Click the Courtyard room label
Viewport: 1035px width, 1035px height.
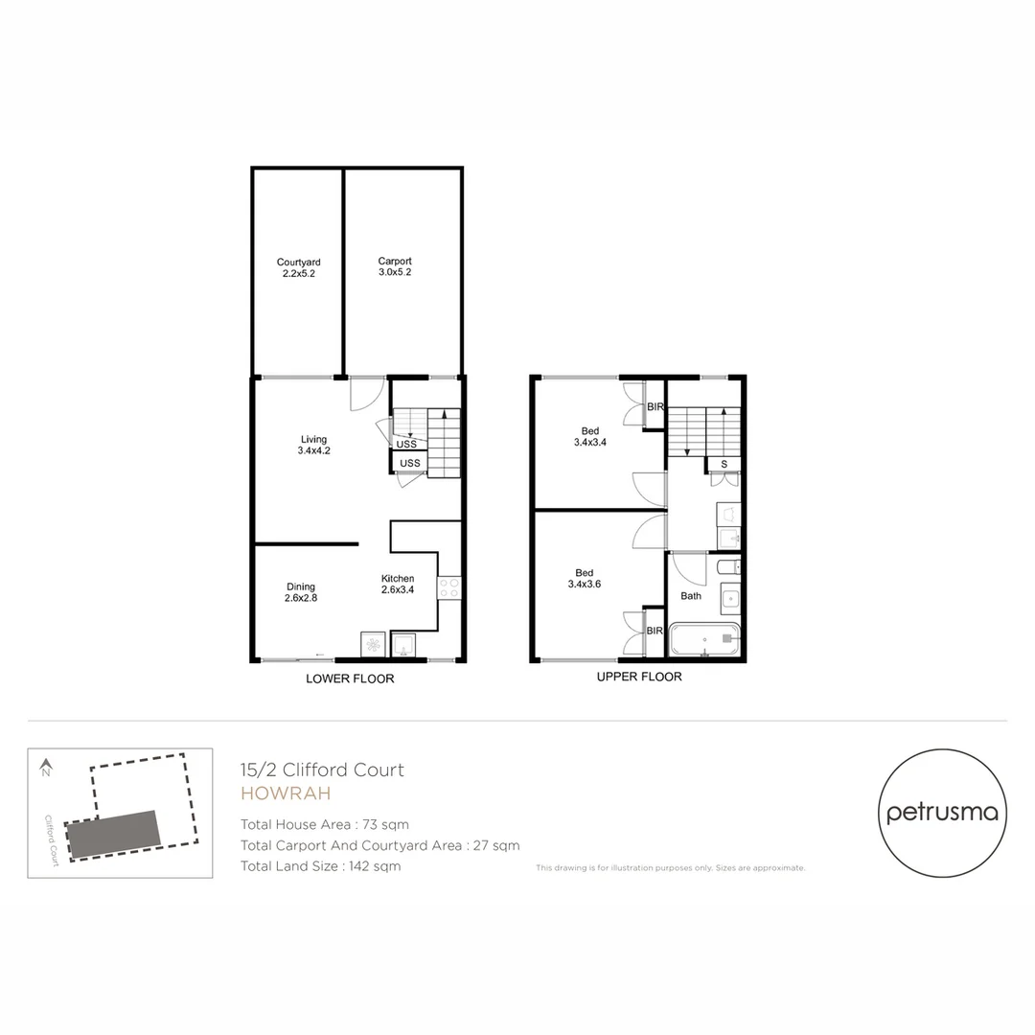(298, 267)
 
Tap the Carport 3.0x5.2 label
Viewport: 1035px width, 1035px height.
(395, 266)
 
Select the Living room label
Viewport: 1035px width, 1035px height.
(313, 445)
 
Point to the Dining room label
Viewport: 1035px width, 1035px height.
(300, 592)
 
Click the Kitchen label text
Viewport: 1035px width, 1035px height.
(398, 584)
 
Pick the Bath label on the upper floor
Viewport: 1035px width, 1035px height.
(691, 595)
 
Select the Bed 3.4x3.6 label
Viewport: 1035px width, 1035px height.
(585, 578)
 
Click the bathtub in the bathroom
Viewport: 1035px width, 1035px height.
(704, 639)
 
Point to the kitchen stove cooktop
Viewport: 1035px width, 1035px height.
(449, 586)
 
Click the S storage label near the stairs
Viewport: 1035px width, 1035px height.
(724, 464)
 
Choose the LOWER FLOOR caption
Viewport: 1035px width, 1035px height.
(350, 678)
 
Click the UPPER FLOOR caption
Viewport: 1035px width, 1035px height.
(639, 677)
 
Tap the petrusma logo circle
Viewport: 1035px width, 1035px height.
(942, 814)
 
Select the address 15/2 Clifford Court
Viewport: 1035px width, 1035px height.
(322, 770)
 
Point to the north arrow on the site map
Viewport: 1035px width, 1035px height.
(45, 767)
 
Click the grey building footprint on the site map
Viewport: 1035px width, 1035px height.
(112, 834)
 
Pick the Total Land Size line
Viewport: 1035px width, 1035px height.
(320, 866)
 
